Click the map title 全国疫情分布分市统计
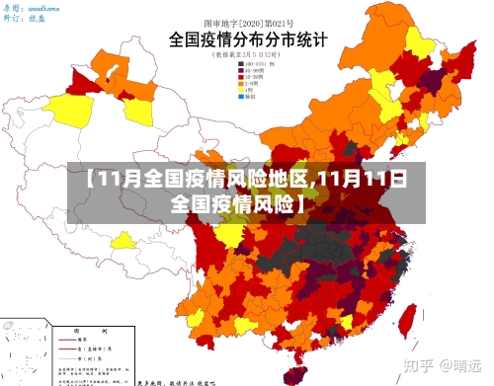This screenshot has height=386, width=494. coord(249,42)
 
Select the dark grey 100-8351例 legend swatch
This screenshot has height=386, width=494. coord(241,65)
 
